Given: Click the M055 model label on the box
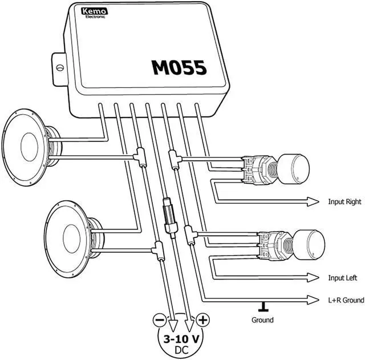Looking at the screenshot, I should pos(179,67).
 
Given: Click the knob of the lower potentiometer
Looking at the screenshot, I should pos(309,245).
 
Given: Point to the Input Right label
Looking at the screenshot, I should pos(345,202).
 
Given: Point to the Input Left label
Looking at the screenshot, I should pos(343,278).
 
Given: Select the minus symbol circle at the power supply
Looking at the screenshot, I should pos(160,320).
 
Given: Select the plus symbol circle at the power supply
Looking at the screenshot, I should pos(202,320).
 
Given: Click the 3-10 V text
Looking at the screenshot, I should pos(181,338).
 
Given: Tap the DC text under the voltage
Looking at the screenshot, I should pos(181,349).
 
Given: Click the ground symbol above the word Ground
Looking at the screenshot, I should pos(263,307).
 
